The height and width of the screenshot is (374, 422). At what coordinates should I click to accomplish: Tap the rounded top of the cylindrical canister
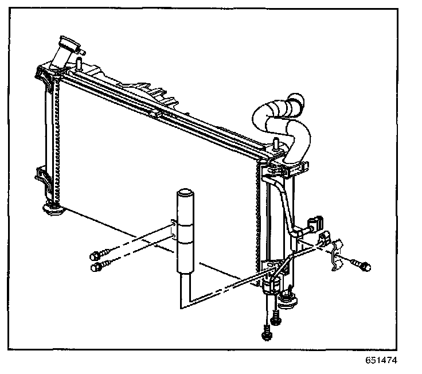tap(184, 193)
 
